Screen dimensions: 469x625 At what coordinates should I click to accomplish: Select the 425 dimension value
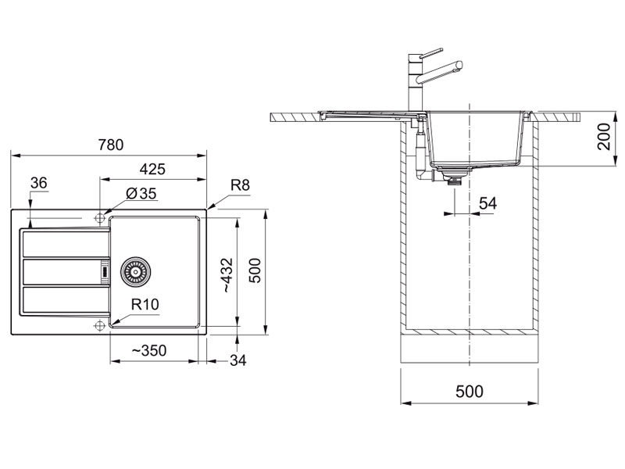click(152, 169)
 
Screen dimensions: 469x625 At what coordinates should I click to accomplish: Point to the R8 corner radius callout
click(240, 185)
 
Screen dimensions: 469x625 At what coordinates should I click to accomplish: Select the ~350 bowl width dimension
click(148, 352)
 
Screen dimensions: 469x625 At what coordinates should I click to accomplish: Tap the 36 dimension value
click(38, 183)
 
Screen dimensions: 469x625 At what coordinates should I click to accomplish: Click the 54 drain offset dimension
click(487, 203)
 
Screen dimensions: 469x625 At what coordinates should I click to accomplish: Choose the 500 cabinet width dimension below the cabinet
click(469, 391)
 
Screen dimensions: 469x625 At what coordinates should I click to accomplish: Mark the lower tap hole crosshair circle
click(99, 324)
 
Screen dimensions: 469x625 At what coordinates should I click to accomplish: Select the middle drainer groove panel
click(62, 270)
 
